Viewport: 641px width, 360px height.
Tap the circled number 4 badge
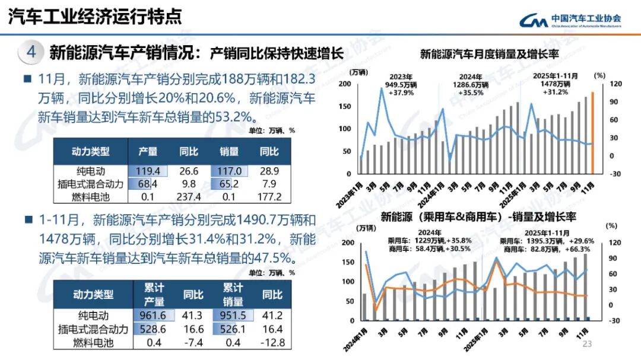31,52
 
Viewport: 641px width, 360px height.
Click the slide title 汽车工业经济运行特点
95,17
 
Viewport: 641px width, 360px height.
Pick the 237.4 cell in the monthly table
189,197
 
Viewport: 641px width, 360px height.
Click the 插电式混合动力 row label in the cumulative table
93,329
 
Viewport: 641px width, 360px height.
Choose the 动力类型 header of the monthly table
91,152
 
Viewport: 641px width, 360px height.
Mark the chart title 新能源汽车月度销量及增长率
490,55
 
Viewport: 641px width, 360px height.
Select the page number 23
588,345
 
